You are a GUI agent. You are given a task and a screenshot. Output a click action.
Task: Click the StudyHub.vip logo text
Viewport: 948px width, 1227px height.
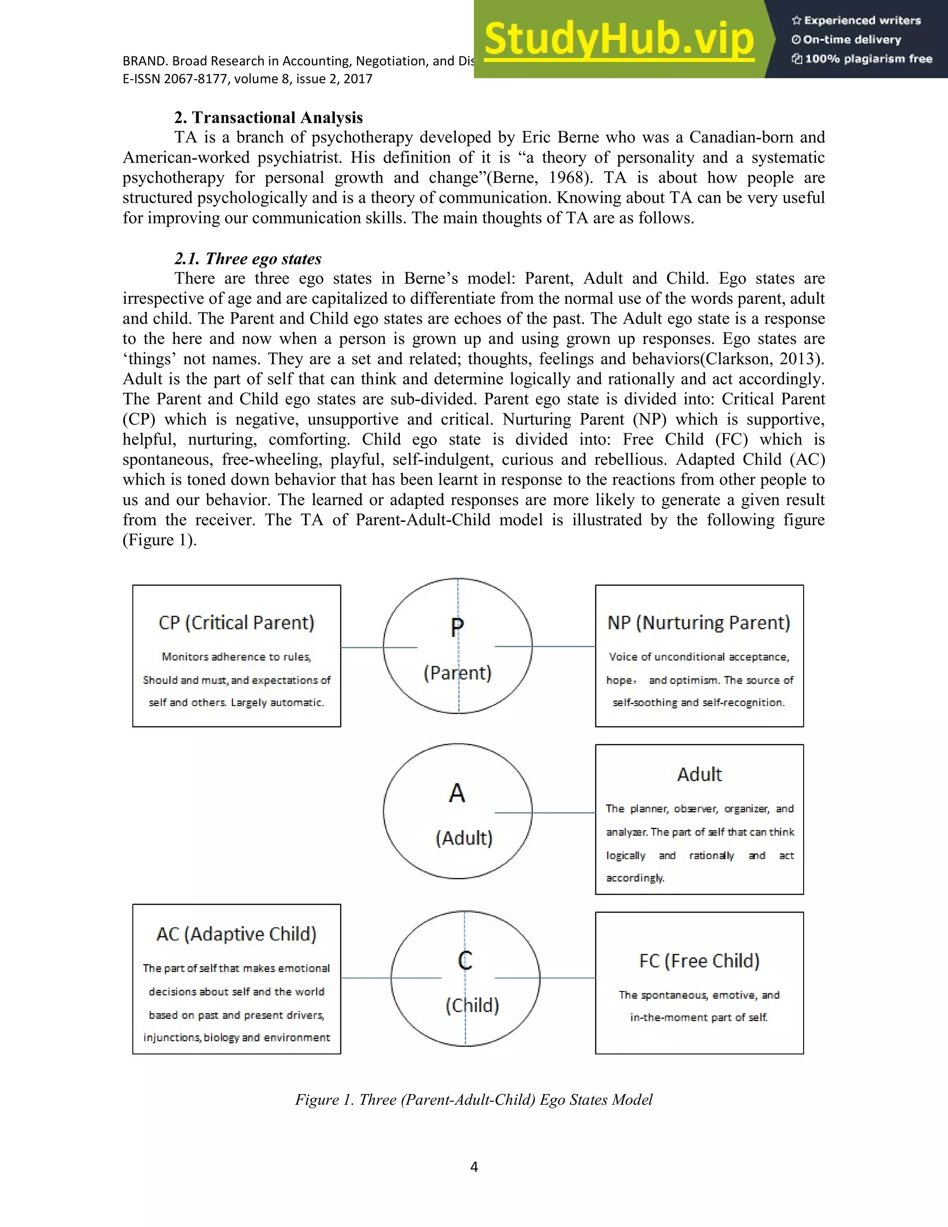pos(618,39)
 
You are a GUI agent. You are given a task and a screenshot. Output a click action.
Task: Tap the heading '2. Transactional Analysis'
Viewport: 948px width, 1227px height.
pos(268,118)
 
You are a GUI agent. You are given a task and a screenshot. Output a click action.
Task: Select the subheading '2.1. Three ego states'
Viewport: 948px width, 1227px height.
pos(248,258)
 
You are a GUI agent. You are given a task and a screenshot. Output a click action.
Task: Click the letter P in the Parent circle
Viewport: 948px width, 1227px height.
pos(457,627)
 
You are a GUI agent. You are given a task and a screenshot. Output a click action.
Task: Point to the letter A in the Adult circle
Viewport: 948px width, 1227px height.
pos(457,793)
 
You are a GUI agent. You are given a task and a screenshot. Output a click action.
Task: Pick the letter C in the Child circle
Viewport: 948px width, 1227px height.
pos(464,960)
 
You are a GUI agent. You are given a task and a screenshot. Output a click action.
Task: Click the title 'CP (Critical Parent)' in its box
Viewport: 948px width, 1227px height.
pos(237,622)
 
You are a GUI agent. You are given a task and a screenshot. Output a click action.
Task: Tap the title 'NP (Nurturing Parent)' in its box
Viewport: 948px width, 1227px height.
pos(699,622)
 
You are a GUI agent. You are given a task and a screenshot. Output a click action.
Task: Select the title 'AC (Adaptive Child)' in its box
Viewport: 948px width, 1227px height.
pos(237,934)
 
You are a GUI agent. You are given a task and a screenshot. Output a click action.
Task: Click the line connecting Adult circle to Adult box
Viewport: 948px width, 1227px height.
pos(561,813)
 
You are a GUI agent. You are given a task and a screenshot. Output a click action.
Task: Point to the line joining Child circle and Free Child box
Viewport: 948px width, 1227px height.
pos(567,978)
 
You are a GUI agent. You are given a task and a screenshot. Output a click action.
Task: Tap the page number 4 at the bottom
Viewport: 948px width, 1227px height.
pos(474,1167)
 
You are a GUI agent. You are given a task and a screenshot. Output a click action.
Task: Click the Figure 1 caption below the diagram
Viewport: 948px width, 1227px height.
pos(474,1100)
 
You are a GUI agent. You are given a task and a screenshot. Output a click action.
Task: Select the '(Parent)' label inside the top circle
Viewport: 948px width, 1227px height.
pos(457,672)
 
